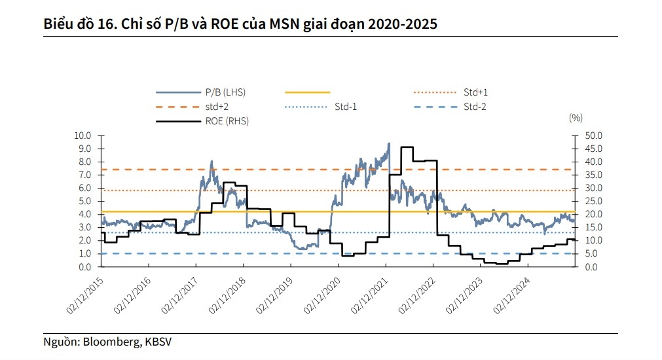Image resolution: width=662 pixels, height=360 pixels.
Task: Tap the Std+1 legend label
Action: (476, 92)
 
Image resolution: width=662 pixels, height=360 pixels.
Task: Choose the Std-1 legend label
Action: (346, 107)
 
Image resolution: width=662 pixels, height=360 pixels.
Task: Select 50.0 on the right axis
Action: (587, 135)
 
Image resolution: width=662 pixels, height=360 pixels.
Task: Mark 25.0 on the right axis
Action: (587, 201)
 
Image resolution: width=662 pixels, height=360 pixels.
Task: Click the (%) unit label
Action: (576, 118)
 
